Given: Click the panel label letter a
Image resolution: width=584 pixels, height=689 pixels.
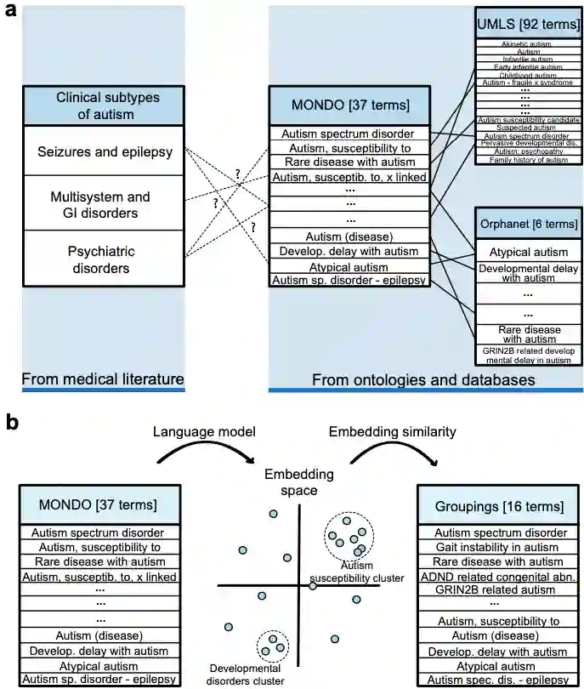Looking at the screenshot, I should click(9, 14).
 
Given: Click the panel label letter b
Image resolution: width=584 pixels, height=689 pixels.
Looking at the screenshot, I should click(11, 422).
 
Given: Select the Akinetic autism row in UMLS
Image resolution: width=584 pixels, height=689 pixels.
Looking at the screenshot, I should click(528, 43).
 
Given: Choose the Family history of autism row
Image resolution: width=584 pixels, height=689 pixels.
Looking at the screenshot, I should click(528, 160).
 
